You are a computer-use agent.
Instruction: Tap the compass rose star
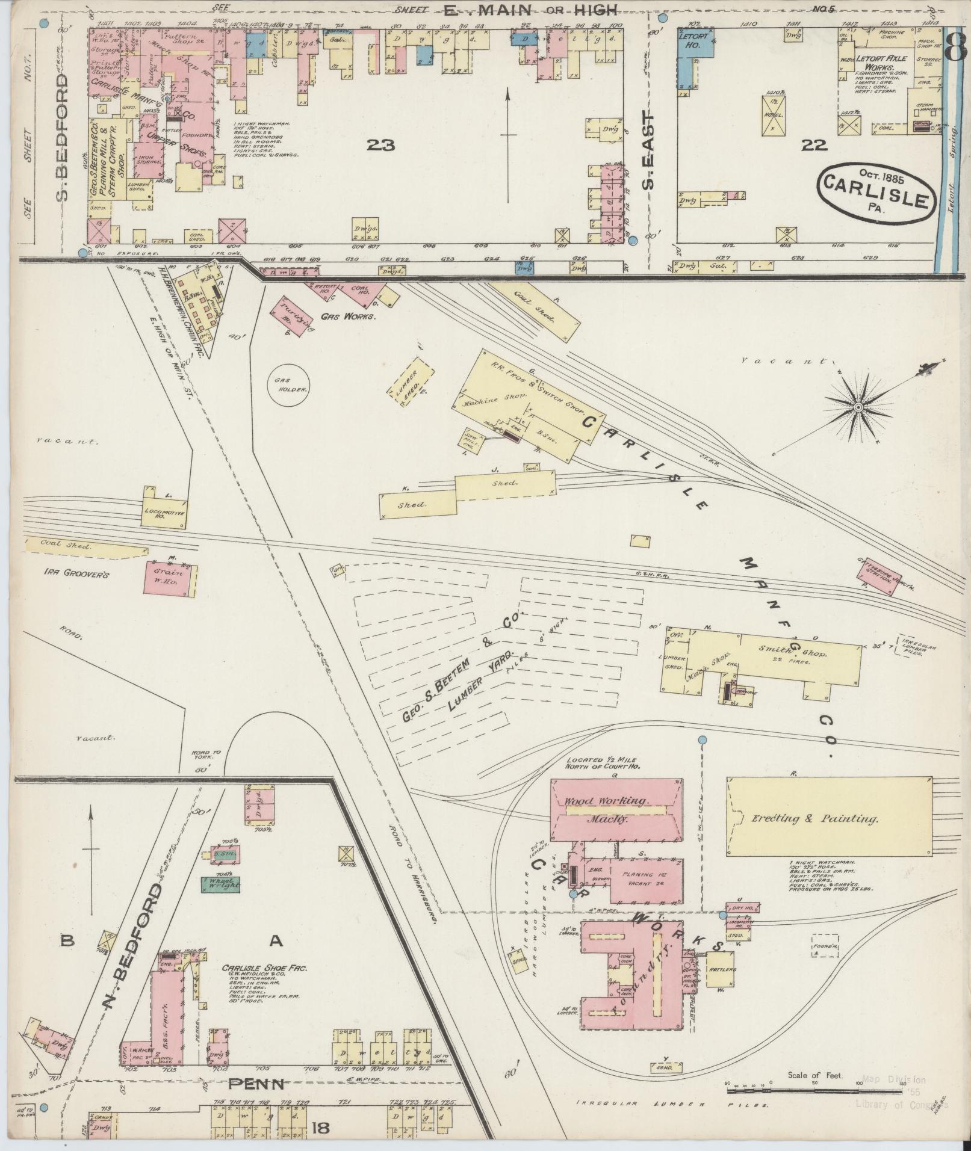(858, 409)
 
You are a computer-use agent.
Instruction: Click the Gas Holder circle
(291, 385)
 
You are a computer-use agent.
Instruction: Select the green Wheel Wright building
(220, 884)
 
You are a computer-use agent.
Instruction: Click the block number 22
(813, 145)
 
